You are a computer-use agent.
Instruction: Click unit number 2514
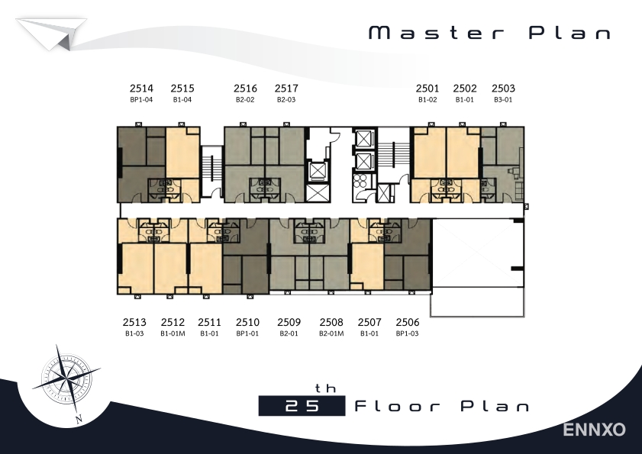141,89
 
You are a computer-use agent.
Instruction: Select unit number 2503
503,89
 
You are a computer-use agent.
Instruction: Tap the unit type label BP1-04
141,99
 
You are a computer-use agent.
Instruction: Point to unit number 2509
289,322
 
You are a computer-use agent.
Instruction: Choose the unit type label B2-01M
331,333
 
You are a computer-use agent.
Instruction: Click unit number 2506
408,322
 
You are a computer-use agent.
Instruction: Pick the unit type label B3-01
503,99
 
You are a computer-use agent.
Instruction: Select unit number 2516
245,89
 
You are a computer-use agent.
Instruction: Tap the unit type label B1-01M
173,333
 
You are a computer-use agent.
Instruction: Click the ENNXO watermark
594,430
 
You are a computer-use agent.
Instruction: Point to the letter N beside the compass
79,418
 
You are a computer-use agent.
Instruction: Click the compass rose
66,378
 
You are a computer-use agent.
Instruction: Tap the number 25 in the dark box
302,406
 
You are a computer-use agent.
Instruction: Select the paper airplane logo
52,34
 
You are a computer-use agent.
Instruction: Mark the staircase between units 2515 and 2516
212,171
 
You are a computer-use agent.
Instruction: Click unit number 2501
427,89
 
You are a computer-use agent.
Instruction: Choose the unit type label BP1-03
408,333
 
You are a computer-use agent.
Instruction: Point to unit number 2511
209,322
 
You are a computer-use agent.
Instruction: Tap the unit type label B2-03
286,99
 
